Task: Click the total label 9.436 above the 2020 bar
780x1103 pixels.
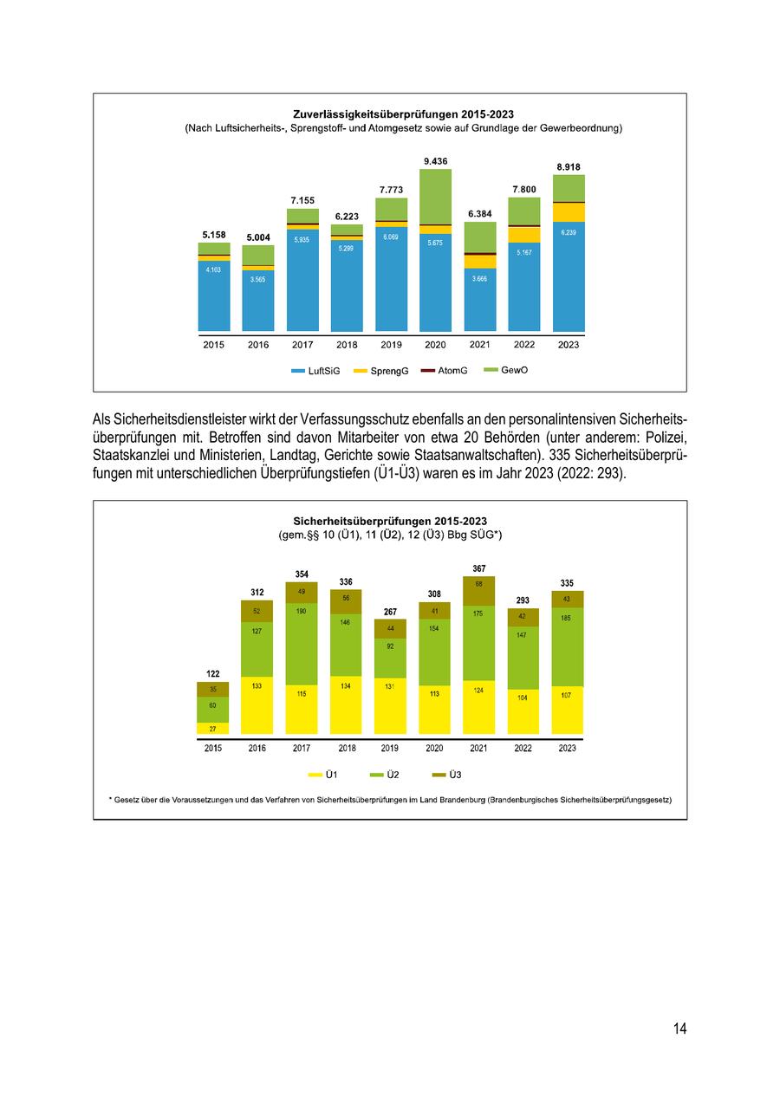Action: [x=436, y=161]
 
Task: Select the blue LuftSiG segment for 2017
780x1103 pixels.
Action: [x=302, y=277]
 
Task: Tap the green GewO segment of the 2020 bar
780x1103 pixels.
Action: [x=436, y=197]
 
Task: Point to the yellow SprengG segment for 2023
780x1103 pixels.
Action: [x=569, y=212]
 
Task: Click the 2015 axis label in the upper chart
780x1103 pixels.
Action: [x=214, y=345]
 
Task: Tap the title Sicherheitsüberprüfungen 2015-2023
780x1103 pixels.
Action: [x=390, y=522]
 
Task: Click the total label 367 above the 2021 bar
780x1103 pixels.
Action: [x=479, y=568]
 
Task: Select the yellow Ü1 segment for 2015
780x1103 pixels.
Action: [x=213, y=729]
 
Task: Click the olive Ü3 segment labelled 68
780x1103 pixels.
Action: [x=479, y=591]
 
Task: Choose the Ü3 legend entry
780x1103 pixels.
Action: [x=452, y=775]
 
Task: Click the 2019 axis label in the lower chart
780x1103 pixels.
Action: [x=390, y=749]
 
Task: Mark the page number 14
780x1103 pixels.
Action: [x=679, y=1028]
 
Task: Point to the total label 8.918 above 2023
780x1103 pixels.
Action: [x=569, y=167]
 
